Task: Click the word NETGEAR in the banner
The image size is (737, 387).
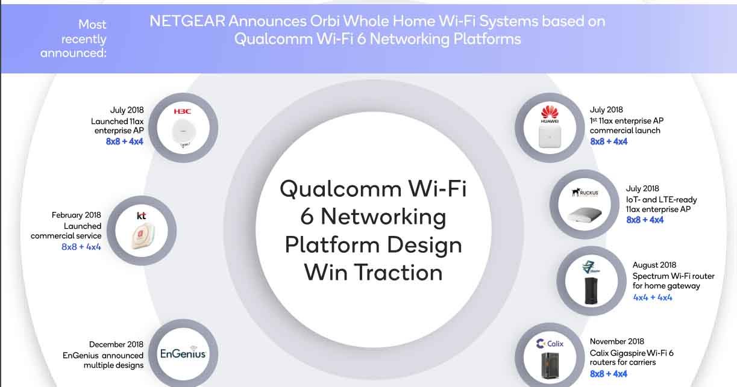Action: click(187, 21)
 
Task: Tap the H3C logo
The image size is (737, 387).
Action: click(182, 111)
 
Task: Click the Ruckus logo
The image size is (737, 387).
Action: click(585, 193)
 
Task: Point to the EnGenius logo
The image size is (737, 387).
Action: click(183, 353)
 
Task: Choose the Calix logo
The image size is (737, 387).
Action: click(550, 344)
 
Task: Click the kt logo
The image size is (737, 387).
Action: click(142, 215)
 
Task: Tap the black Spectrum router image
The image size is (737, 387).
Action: click(589, 292)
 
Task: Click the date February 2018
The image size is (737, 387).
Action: click(76, 215)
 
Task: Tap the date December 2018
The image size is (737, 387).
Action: click(116, 344)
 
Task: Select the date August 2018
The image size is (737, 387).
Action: click(654, 265)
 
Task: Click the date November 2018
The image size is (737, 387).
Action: click(616, 341)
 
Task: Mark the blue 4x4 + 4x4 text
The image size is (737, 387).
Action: click(652, 297)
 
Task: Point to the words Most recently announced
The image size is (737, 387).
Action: click(74, 39)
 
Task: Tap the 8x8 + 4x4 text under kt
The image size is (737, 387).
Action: click(81, 247)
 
